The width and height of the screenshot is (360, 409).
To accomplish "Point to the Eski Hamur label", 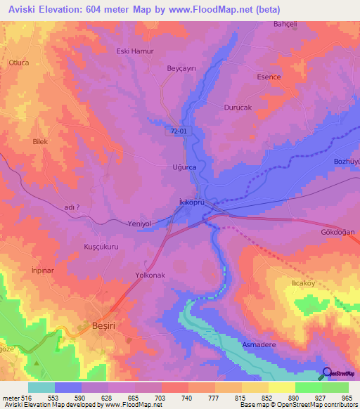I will tap(134, 51).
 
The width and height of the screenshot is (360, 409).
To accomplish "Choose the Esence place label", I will tap(269, 77).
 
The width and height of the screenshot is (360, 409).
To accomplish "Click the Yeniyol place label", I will tap(138, 223).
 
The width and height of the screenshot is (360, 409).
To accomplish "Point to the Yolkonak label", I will tap(150, 275).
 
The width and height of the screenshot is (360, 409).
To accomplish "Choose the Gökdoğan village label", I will tap(338, 232).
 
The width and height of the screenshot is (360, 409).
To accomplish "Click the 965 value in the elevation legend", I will tap(346, 397).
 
